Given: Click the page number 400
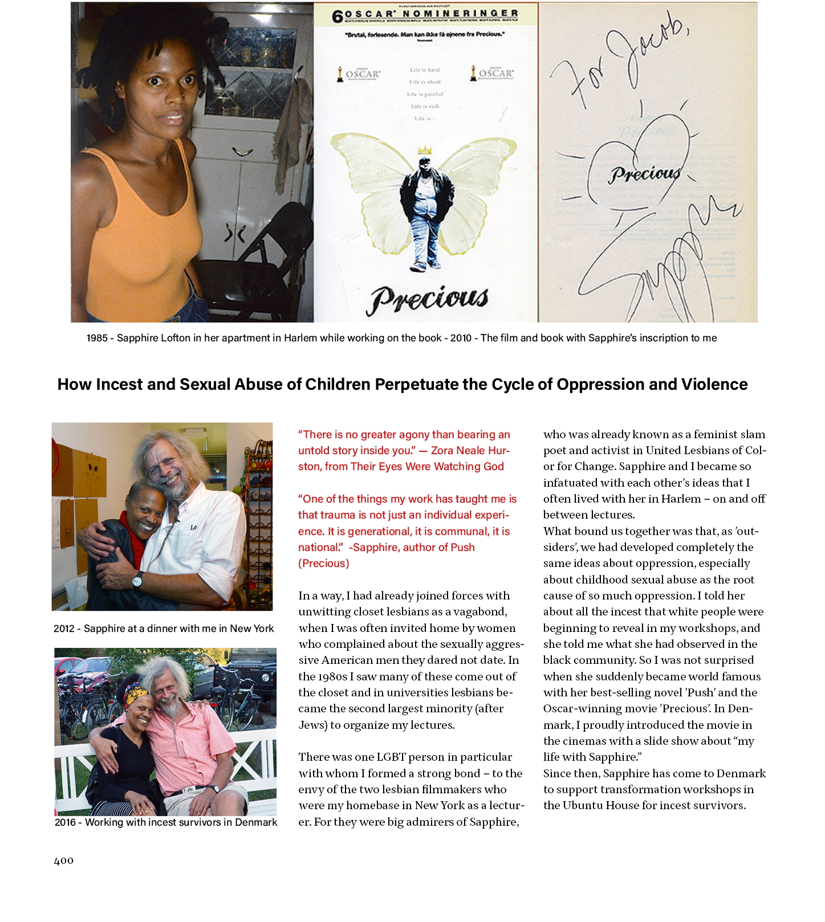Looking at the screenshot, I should tap(63, 861).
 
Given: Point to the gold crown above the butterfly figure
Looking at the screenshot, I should tap(425, 150).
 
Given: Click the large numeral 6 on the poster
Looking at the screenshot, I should tap(338, 17).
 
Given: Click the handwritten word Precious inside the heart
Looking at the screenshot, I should tap(645, 174).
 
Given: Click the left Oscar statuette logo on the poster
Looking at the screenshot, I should tap(340, 74).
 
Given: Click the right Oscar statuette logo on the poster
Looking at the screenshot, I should tap(473, 73).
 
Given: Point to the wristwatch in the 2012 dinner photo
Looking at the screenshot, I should tap(137, 581).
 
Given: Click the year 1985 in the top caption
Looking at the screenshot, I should tap(97, 338).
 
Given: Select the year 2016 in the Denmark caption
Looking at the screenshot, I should tap(66, 822).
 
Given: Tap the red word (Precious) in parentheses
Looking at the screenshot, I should tap(324, 564).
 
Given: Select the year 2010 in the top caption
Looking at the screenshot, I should tap(461, 338).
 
